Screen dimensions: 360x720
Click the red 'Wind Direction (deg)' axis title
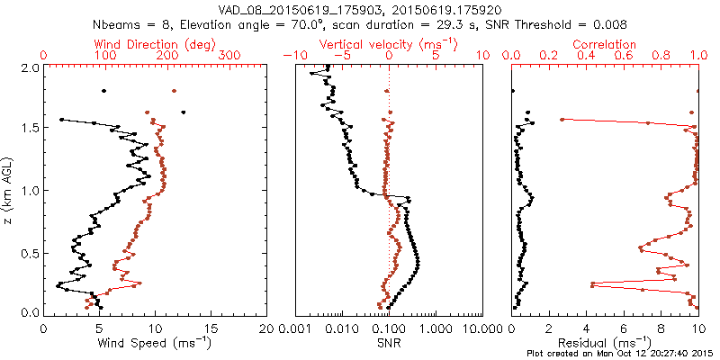[x=156, y=44]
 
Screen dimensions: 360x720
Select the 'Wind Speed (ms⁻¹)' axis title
[x=156, y=342]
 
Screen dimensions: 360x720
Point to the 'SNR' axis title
[x=389, y=342]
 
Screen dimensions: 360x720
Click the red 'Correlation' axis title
[x=606, y=44]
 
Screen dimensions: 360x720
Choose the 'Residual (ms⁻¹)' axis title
[x=606, y=342]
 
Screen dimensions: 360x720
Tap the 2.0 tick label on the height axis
[x=28, y=67]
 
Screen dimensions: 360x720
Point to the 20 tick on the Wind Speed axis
[x=266, y=328]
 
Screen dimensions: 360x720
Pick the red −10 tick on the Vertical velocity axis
[x=291, y=56]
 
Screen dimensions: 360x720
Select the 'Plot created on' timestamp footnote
[x=620, y=354]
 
